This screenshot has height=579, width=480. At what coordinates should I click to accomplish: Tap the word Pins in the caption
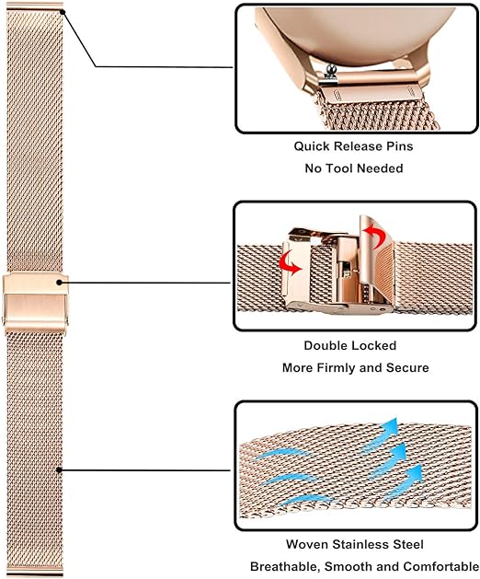point(400,146)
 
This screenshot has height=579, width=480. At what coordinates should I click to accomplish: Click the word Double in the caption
point(322,345)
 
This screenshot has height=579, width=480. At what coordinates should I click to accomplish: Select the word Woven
point(307,544)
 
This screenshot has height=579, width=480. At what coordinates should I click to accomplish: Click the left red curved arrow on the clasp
point(291,263)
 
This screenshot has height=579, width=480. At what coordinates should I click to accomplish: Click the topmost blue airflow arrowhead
point(389,427)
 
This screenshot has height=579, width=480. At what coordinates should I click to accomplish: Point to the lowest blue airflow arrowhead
point(414,474)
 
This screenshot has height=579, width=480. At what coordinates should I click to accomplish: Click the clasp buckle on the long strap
point(36,303)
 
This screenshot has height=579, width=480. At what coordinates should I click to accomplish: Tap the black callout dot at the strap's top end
point(63,12)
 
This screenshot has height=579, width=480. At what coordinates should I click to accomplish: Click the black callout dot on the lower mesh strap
point(59,470)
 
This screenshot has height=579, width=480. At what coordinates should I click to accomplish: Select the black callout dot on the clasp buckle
point(60,283)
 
